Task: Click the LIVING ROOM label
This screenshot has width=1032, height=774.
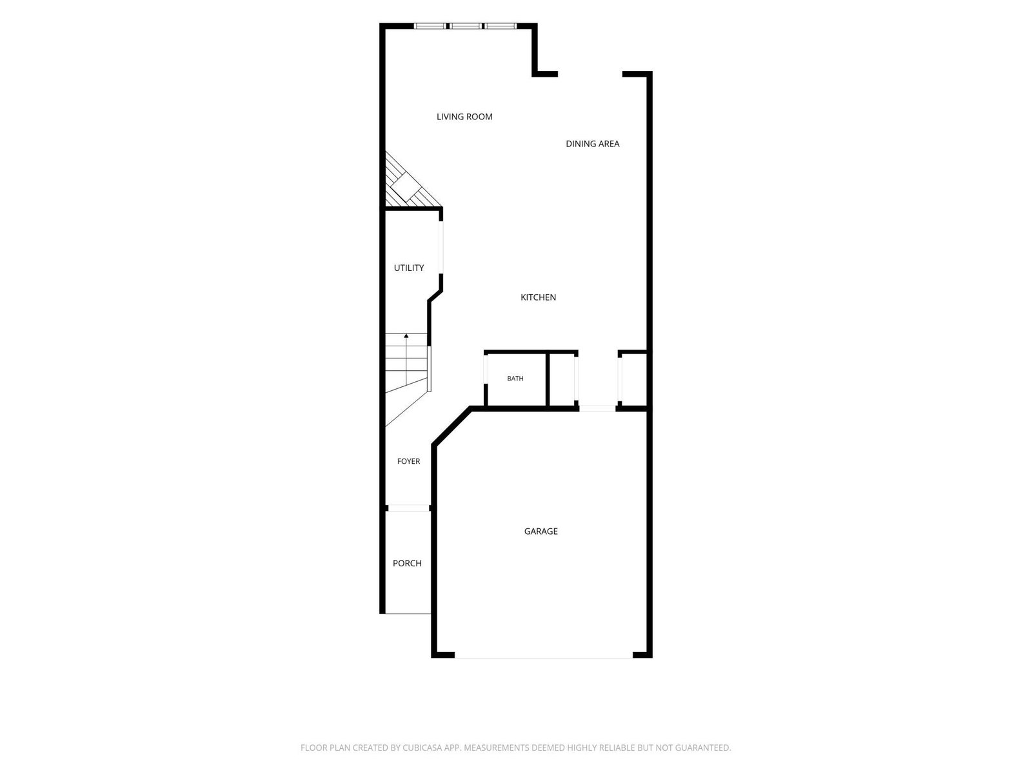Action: (464, 117)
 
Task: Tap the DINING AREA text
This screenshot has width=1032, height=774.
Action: (592, 144)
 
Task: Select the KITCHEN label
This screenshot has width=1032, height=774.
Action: (538, 297)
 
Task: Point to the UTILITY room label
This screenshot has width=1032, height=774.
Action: (408, 268)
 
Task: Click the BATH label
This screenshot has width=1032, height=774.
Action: (515, 379)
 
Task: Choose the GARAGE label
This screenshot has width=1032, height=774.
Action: (541, 531)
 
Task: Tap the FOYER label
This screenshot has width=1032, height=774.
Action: (408, 461)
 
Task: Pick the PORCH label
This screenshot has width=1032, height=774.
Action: (407, 563)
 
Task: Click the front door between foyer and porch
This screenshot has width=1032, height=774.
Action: (409, 508)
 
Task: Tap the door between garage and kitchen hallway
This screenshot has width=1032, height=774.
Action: (597, 408)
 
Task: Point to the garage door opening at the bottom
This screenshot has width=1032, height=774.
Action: (544, 657)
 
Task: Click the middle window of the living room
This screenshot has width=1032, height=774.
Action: (466, 26)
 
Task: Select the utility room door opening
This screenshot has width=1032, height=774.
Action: (441, 247)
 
